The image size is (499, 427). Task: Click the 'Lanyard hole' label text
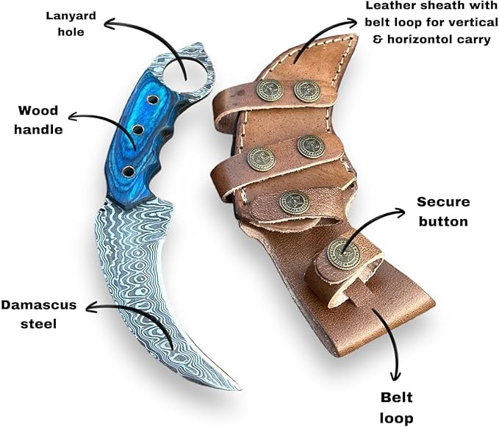point(65,23)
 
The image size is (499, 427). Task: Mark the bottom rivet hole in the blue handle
point(129,171)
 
